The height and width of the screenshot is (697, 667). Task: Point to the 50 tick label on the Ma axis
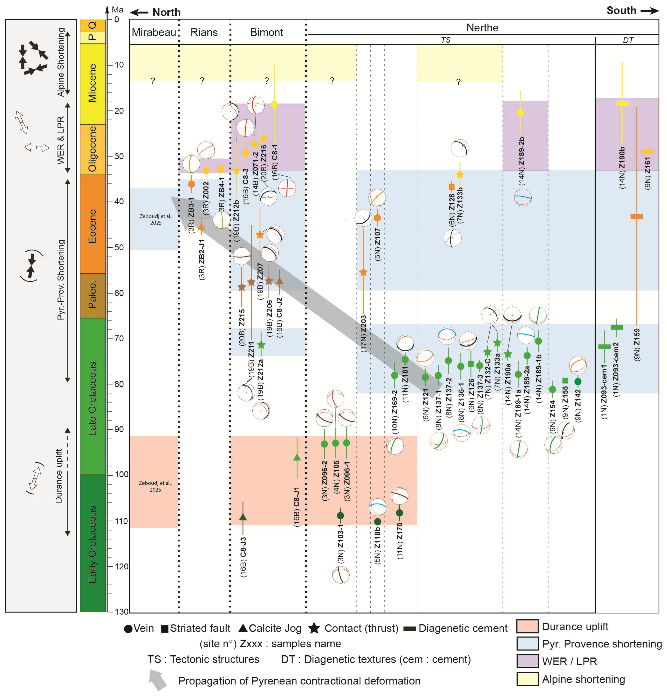tap(119, 247)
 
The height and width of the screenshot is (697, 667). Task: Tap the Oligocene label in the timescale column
tap(92, 149)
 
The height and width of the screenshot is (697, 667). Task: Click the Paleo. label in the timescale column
tap(92, 295)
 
